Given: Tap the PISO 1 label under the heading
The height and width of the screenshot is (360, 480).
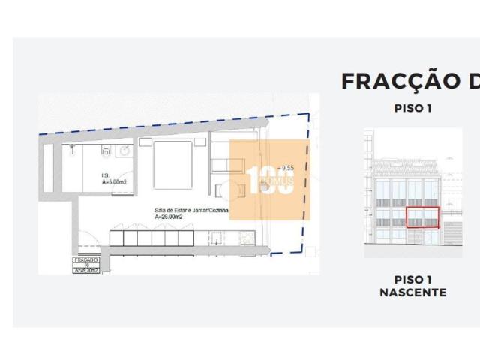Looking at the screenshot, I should pyautogui.click(x=413, y=108).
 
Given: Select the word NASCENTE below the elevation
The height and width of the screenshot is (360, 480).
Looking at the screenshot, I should pyautogui.click(x=413, y=292).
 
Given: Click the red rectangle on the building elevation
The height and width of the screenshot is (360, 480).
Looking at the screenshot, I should pyautogui.click(x=422, y=217).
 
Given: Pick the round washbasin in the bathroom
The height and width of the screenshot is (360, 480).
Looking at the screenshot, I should pyautogui.click(x=123, y=151).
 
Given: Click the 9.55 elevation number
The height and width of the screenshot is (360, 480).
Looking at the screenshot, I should pyautogui.click(x=284, y=168).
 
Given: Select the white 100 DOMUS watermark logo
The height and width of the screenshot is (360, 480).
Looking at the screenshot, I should pyautogui.click(x=269, y=181).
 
